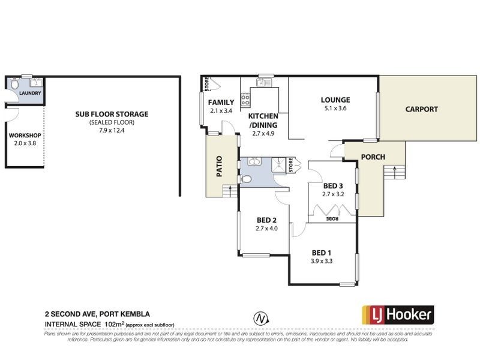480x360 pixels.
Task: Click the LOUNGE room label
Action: click(335, 100)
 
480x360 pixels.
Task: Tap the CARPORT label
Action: click(421, 109)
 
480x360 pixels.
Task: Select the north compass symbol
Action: click(259, 317)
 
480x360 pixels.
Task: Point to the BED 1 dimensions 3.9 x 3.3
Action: click(322, 261)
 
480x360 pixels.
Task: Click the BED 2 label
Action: click(266, 220)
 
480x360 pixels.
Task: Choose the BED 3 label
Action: click(332, 186)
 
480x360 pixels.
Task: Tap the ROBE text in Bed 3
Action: click(332, 219)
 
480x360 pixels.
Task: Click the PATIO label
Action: click(219, 166)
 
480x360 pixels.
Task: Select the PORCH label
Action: click(373, 157)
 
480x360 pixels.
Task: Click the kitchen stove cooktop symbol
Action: click(245, 100)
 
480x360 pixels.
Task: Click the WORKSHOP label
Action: click(25, 136)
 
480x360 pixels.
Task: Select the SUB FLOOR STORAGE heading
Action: click(111, 114)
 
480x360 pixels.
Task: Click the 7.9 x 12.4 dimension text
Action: click(111, 130)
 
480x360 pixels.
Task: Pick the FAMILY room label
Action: click(221, 103)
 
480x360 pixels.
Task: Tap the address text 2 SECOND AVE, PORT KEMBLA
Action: click(97, 314)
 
